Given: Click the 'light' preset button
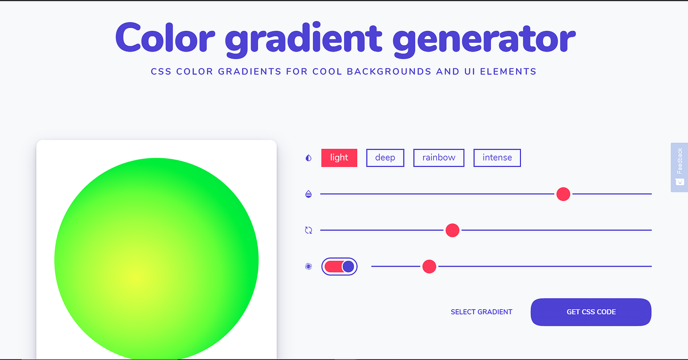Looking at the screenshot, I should (339, 158).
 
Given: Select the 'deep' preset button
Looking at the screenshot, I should (385, 158).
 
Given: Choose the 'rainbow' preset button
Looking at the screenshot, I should (438, 158).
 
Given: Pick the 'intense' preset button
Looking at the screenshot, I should (497, 158).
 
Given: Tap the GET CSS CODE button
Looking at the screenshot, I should (591, 312).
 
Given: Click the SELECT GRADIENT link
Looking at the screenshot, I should (481, 312).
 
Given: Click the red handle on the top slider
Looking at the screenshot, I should (563, 194).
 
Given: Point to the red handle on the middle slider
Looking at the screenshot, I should (452, 230).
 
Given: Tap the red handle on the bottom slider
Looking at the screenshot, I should (429, 266).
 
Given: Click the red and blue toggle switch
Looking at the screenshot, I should (339, 266).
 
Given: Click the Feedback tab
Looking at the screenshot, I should (680, 167).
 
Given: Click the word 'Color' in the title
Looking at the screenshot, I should (165, 38).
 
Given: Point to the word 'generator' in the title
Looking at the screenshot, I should (484, 39).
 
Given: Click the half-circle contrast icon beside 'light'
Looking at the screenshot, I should (309, 158).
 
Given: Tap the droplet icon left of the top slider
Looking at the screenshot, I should (309, 194).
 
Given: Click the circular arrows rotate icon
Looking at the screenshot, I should (309, 230).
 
